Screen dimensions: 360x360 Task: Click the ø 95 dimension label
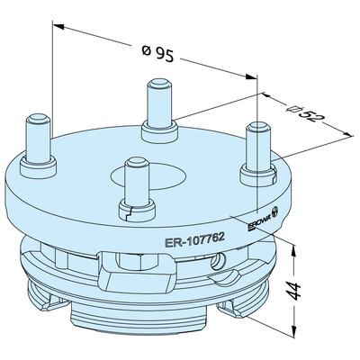click(x=157, y=53)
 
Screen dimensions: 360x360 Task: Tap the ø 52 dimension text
click(x=302, y=112)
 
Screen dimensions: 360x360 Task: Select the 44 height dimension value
click(x=294, y=291)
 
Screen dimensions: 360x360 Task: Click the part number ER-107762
click(x=194, y=239)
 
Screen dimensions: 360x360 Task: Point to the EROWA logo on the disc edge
click(x=262, y=218)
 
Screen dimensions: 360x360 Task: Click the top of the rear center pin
click(x=159, y=83)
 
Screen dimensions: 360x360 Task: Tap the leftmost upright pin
click(x=38, y=138)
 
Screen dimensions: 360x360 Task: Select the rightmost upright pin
click(x=258, y=147)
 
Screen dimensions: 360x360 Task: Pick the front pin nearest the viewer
click(x=137, y=182)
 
